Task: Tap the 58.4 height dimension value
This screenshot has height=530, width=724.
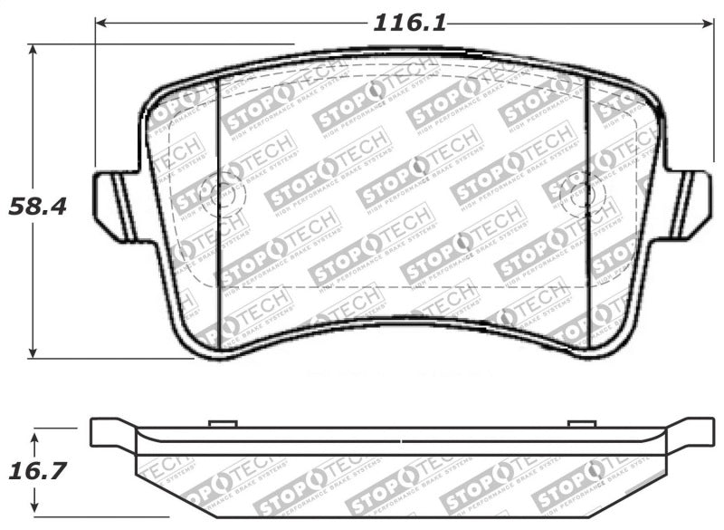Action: [x=38, y=207]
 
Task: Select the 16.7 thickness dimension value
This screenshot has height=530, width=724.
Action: [x=38, y=472]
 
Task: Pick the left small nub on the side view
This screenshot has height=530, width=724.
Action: [x=222, y=423]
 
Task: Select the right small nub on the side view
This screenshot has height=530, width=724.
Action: [x=581, y=423]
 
